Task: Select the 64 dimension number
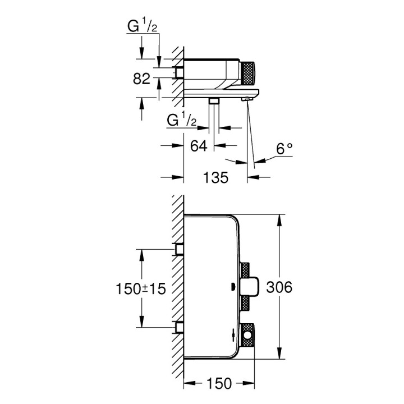pos(199,146)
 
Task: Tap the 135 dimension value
pos(215,178)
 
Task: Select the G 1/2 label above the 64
pos(182,120)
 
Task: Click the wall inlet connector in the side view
pos(179,72)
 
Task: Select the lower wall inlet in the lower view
pos(180,327)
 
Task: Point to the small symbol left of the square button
pos(231,288)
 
